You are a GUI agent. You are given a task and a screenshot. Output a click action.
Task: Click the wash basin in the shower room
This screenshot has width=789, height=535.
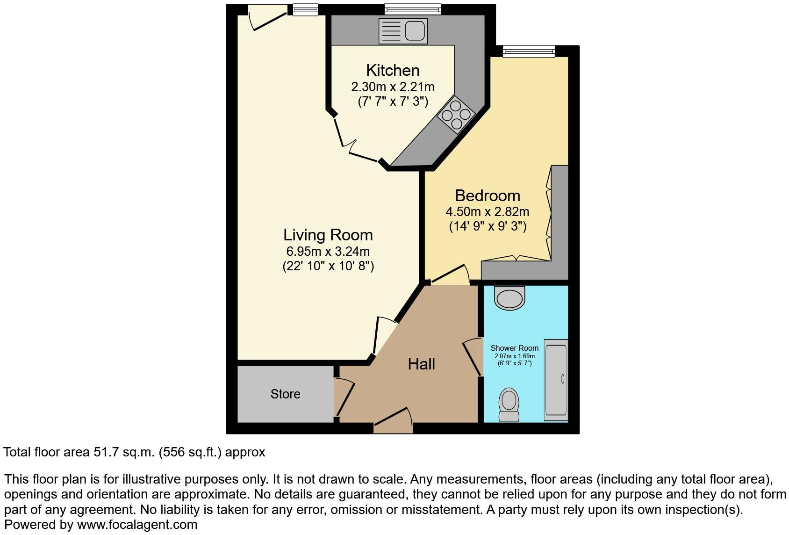(510, 299)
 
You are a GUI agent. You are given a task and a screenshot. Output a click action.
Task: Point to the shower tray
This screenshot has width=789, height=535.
(556, 379)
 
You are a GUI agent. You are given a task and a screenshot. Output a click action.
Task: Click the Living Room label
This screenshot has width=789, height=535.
(328, 234)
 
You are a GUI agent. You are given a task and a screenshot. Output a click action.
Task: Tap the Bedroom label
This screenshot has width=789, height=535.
(488, 195)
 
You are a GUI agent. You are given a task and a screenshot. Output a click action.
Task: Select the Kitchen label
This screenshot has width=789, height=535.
(393, 70)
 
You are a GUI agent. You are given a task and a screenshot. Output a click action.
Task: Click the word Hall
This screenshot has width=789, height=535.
(421, 364)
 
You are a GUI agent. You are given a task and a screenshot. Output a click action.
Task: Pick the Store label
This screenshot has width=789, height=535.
(285, 394)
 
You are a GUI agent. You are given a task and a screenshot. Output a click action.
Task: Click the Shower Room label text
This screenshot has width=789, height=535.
(514, 348)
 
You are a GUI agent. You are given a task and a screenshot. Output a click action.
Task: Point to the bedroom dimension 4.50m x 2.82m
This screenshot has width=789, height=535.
(488, 211)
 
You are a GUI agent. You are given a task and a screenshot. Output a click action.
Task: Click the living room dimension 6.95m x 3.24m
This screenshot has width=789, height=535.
(328, 251)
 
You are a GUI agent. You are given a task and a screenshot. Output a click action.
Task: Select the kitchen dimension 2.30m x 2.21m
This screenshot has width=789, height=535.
(393, 87)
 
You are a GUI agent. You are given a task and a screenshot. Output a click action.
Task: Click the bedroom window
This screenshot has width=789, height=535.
(529, 51)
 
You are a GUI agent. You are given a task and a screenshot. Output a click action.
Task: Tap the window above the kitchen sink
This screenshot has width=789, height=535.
(413, 9)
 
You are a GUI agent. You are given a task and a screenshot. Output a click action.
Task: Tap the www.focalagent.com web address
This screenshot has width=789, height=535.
(137, 525)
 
